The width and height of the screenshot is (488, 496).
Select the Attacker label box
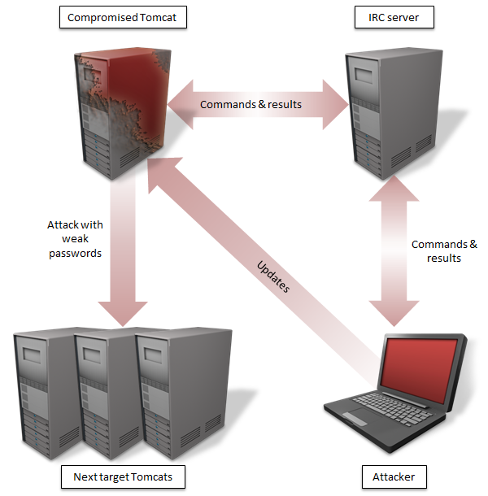[394, 476]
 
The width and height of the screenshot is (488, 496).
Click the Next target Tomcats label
[123, 476]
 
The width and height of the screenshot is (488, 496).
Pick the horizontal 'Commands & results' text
[251, 105]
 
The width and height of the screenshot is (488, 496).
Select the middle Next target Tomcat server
[102, 390]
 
